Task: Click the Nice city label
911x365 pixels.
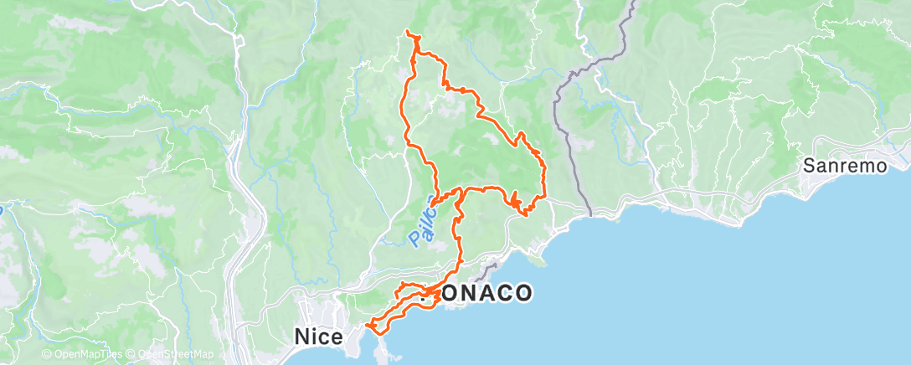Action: pos(317,337)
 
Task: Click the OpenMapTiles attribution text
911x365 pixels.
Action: pos(85,355)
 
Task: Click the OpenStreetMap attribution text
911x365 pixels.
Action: pos(175,355)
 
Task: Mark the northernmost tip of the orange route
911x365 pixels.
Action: pos(407,32)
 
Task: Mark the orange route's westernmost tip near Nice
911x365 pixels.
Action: pos(367,326)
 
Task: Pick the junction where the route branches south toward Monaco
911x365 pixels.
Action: pos(461,193)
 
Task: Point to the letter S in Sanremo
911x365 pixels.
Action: pos(808,166)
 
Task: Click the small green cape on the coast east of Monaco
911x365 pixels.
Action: pos(539,261)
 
